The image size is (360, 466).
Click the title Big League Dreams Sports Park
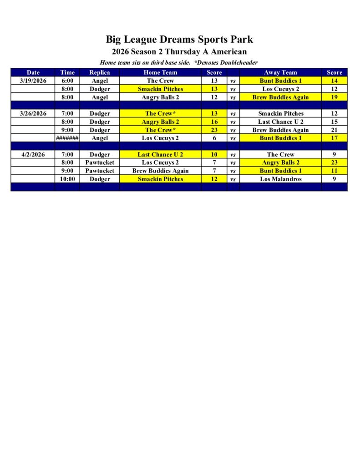(x=179, y=39)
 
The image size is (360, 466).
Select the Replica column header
(x=99, y=72)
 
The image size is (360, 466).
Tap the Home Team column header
(x=160, y=72)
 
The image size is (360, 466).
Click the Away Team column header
(x=280, y=72)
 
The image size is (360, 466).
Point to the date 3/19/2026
(x=33, y=81)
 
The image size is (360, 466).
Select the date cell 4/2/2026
(x=33, y=154)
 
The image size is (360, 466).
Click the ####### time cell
(x=67, y=138)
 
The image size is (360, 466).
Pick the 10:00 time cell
(x=67, y=179)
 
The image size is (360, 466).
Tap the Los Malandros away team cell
(x=280, y=179)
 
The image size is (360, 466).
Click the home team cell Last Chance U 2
(x=160, y=154)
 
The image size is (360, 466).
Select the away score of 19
(x=334, y=97)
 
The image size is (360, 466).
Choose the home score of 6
(x=214, y=138)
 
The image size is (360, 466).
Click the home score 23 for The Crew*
(x=214, y=130)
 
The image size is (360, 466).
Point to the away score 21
(x=334, y=130)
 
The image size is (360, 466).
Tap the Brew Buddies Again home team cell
(x=160, y=171)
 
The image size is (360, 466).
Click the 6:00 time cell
(x=67, y=81)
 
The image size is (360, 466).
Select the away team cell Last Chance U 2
(x=280, y=122)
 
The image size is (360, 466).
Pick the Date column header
(x=33, y=72)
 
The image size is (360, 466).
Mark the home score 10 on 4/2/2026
(x=214, y=154)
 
